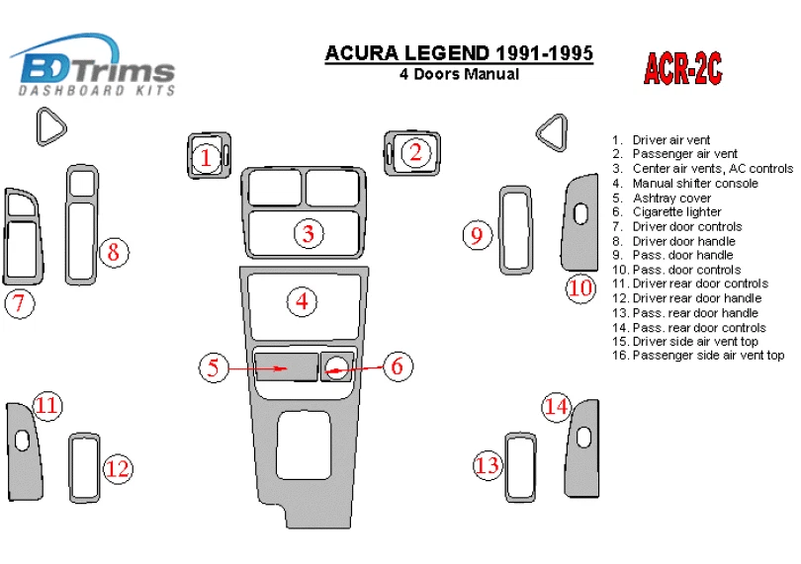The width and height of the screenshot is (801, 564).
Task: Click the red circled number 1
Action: coord(206,156)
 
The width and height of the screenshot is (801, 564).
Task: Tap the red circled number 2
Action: coord(415,151)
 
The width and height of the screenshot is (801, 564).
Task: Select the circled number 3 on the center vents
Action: coord(309,234)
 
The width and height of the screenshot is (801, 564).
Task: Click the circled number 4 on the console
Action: coord(302,301)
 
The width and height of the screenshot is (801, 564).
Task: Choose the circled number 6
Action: coord(396,366)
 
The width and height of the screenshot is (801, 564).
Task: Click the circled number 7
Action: coord(19,303)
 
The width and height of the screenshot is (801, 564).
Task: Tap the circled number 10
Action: coord(580,287)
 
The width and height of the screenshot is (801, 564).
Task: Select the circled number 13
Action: coord(489,464)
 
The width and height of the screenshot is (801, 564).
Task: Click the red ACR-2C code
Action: coord(683,67)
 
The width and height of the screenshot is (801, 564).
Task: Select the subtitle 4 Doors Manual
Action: coord(459,74)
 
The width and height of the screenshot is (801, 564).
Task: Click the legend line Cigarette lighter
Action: coord(676,212)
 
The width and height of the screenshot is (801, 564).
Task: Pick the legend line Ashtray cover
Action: coord(671,198)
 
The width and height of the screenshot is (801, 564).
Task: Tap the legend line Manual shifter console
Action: coord(695,184)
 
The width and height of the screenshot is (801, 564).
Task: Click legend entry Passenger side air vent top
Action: coord(708,356)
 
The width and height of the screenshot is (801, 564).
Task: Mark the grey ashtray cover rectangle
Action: coord(285,366)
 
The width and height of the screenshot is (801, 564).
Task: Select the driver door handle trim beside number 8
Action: coord(83,225)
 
